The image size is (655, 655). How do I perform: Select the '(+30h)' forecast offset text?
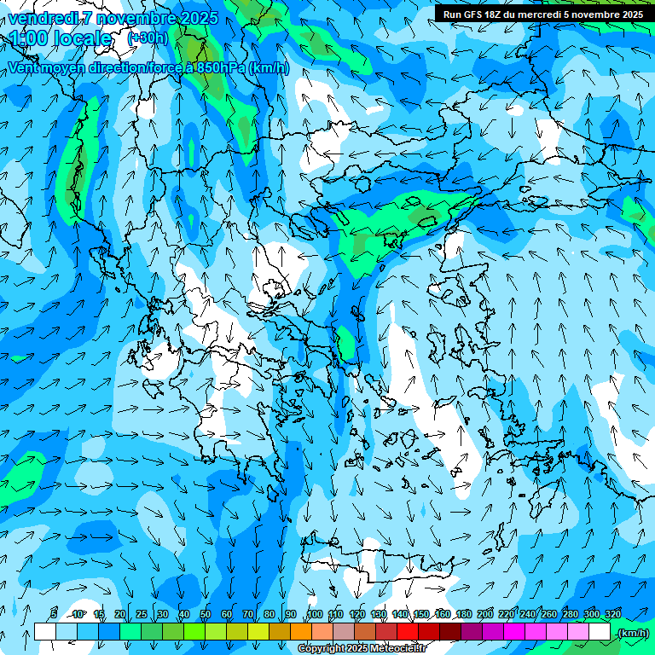point(148,38)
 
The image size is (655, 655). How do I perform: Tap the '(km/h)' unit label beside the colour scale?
point(632,633)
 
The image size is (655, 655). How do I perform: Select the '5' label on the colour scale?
point(54,614)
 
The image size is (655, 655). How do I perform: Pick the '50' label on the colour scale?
point(205,614)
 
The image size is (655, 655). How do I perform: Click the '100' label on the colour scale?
point(314,614)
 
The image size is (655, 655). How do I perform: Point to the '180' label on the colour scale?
point(463,614)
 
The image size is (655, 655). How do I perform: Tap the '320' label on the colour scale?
point(612,614)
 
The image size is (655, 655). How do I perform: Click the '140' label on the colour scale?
point(399,614)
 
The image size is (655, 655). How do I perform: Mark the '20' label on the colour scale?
point(119,614)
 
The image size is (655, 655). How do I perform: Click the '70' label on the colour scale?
point(247,614)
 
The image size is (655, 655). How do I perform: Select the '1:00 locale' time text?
point(61,38)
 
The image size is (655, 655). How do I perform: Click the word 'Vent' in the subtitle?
point(23,68)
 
